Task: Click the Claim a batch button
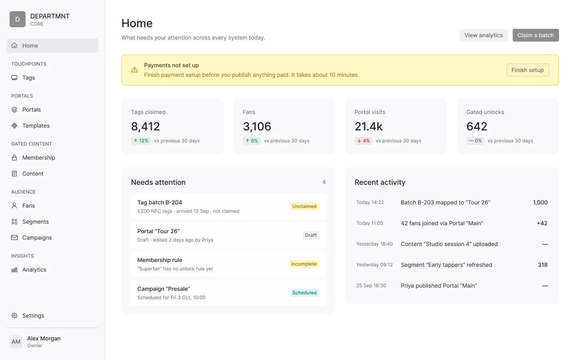pos(535,35)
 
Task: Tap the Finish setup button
pos(527,70)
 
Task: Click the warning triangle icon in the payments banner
pos(135,70)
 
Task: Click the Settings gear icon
pos(14,316)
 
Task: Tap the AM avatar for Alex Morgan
pos(16,342)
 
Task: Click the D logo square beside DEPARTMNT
pos(18,19)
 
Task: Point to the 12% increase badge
pos(141,141)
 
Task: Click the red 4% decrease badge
pos(363,141)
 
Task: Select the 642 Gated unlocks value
pos(477,126)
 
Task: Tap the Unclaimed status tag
pos(304,206)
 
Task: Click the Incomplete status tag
pos(304,264)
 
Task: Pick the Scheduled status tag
pos(304,293)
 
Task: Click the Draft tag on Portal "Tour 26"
pos(311,235)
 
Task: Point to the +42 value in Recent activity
pos(542,223)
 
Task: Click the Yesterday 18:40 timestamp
pos(374,244)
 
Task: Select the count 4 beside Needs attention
pos(324,182)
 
